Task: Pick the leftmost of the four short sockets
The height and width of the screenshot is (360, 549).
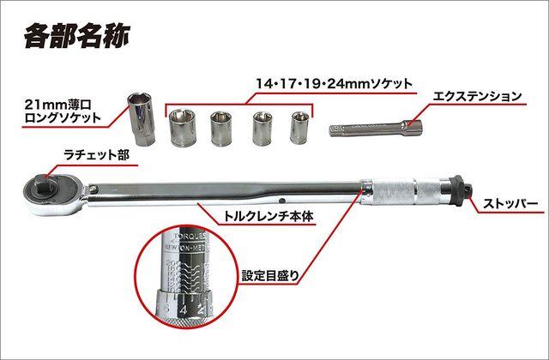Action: (184, 130)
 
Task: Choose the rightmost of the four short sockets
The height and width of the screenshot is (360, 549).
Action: (299, 128)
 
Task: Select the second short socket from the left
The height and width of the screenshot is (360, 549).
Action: (224, 129)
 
